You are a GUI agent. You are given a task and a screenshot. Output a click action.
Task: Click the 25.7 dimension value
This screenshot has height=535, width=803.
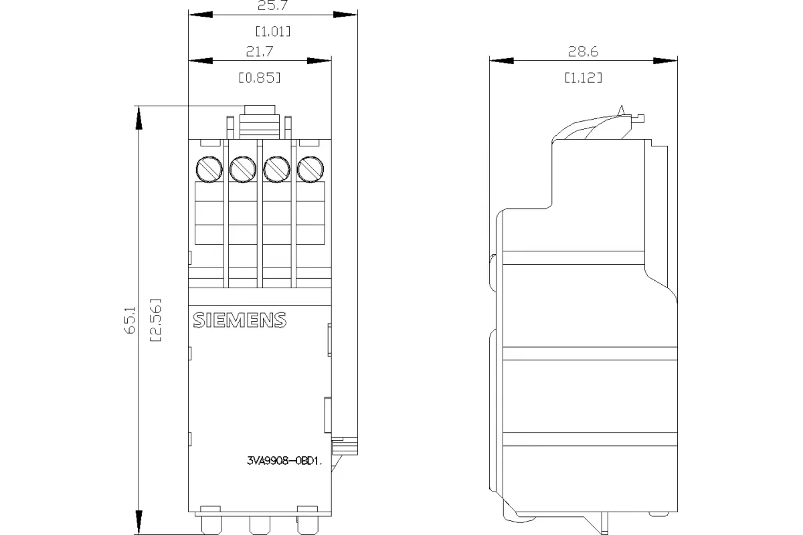pyautogui.click(x=272, y=5)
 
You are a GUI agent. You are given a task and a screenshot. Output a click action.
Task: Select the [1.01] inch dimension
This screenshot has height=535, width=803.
pyautogui.click(x=273, y=31)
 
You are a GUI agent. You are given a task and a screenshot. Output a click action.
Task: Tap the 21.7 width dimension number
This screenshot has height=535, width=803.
pyautogui.click(x=260, y=51)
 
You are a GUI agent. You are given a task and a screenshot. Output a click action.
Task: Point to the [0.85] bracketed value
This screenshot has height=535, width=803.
pyautogui.click(x=260, y=78)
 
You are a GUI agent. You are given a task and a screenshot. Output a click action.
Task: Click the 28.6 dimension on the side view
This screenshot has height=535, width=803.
pyautogui.click(x=584, y=51)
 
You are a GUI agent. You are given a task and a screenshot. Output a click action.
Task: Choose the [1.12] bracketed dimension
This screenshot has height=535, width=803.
pyautogui.click(x=584, y=78)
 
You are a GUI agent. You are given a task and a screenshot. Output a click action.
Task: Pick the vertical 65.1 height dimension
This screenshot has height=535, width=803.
pyautogui.click(x=130, y=320)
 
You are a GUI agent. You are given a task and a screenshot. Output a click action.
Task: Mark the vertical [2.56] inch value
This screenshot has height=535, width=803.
pyautogui.click(x=155, y=320)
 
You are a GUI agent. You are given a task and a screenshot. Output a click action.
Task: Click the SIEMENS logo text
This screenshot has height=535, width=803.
pyautogui.click(x=240, y=320)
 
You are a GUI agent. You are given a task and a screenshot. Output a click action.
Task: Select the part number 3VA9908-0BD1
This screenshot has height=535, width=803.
pyautogui.click(x=284, y=461)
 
